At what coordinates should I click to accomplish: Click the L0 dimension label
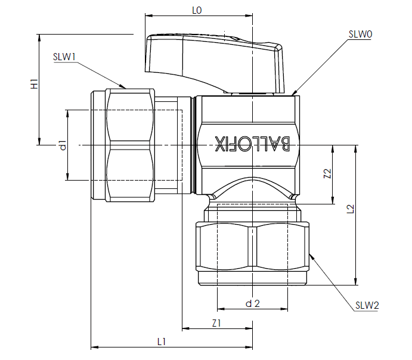tap(197, 10)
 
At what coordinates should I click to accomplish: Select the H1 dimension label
tap(35, 84)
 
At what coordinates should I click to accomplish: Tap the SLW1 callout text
tap(64, 57)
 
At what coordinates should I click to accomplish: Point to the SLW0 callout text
tap(360, 34)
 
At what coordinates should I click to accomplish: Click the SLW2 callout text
tap(367, 305)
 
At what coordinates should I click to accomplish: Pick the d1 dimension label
tap(63, 145)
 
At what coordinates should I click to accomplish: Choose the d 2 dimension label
tap(253, 303)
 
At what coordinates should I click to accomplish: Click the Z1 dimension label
tap(216, 323)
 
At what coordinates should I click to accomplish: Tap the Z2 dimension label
tap(327, 173)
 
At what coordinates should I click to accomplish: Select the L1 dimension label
tap(162, 342)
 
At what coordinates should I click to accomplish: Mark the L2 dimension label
tap(351, 209)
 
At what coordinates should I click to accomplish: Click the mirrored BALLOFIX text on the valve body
tap(252, 144)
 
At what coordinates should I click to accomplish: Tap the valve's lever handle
tap(215, 63)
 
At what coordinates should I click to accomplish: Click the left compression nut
tap(130, 145)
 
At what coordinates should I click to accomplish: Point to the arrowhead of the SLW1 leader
tap(124, 87)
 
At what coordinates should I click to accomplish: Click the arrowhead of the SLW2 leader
tap(311, 256)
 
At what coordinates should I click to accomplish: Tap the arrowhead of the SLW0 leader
tap(294, 93)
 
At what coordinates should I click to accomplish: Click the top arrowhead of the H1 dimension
tap(39, 38)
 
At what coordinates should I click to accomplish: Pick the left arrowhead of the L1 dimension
tap(95, 347)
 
